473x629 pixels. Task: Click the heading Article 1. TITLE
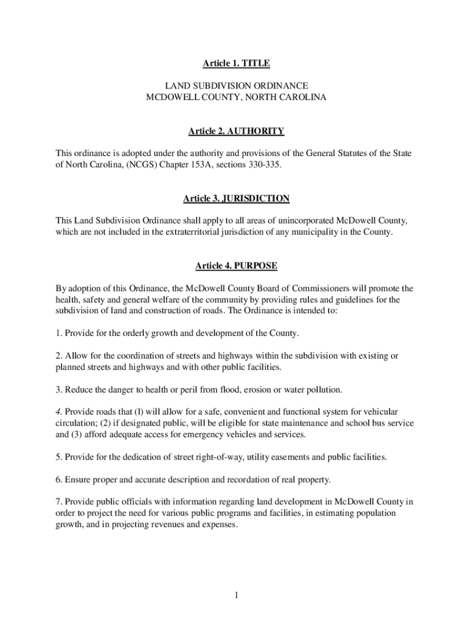[237, 63]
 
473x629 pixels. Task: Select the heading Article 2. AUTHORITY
[237, 131]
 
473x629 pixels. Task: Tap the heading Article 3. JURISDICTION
[237, 198]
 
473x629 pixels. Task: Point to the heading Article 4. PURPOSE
[237, 266]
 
